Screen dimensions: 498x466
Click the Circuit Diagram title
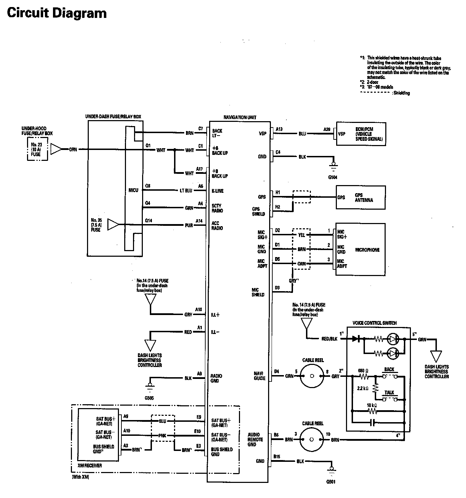tap(57, 13)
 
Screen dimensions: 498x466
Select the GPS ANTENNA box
tap(360, 198)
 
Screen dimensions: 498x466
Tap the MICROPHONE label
tap(367, 250)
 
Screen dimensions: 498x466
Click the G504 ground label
tap(333, 178)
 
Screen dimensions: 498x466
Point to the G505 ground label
tap(149, 398)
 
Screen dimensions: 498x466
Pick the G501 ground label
tap(331, 482)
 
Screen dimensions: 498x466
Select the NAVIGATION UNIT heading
tap(240, 117)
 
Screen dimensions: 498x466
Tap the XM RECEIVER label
tap(90, 466)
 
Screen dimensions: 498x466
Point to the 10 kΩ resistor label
tap(372, 405)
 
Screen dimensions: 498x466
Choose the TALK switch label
tap(389, 393)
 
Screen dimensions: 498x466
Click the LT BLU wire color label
tap(186, 191)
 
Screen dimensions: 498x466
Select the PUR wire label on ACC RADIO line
tap(189, 225)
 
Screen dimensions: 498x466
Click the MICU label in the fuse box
tap(133, 190)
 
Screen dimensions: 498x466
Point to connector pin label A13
tap(279, 129)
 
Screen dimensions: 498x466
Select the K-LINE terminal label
tap(218, 191)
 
